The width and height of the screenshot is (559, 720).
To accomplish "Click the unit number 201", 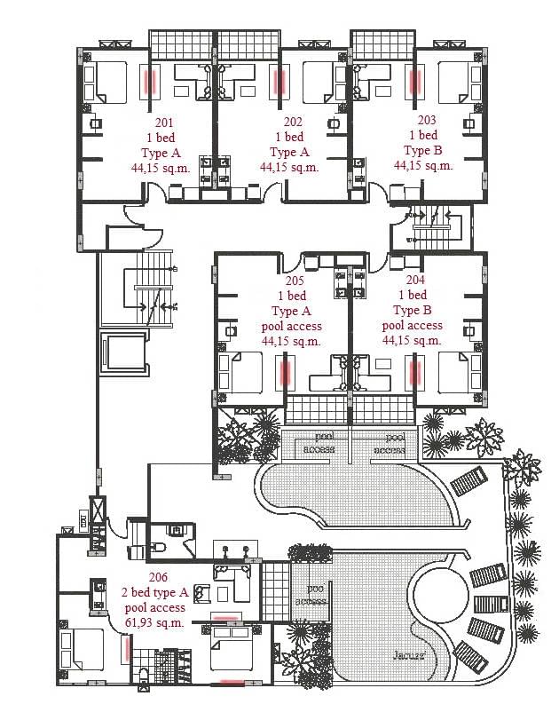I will (x=163, y=122).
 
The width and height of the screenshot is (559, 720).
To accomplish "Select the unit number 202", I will (x=293, y=122).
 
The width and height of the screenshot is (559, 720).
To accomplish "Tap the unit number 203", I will (x=427, y=120).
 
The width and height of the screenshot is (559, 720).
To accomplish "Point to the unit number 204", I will (x=415, y=279).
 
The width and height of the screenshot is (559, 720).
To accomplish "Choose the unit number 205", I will (x=294, y=281).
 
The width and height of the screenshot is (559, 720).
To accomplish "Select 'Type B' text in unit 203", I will (x=424, y=150).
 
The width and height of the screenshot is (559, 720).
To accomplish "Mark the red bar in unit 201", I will (x=149, y=82).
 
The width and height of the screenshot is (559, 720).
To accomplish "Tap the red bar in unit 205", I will (x=285, y=371).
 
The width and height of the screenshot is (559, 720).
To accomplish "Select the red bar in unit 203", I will (x=413, y=82).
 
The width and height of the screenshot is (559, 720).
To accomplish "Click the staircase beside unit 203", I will (x=431, y=225).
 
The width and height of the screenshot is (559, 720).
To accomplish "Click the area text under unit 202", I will (x=289, y=166).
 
